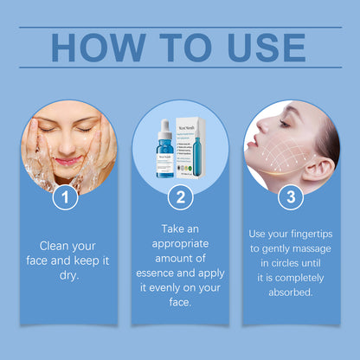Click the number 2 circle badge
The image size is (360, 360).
pyautogui.click(x=179, y=197)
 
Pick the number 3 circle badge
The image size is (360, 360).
pyautogui.click(x=292, y=197)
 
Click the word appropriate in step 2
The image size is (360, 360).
pyautogui.click(x=179, y=244)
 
